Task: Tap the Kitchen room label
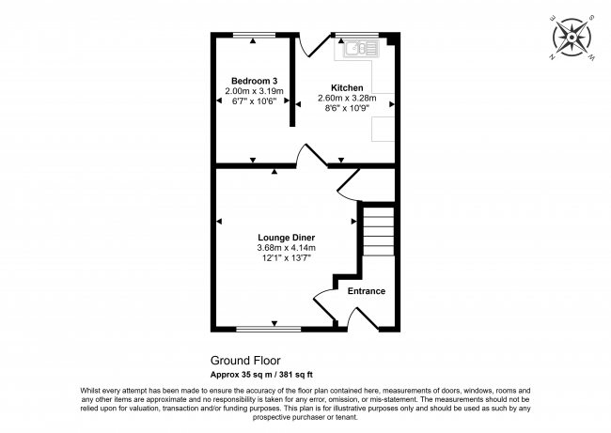point(347,87)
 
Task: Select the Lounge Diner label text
point(286,237)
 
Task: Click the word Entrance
point(367,290)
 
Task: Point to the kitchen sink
point(358,47)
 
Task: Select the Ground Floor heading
point(244,360)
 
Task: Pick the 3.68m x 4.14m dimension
point(286,247)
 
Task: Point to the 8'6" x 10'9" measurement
point(347,108)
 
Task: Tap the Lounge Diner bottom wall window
point(269,330)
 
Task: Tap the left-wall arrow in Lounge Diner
point(218,222)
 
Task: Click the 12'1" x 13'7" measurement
point(286,257)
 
